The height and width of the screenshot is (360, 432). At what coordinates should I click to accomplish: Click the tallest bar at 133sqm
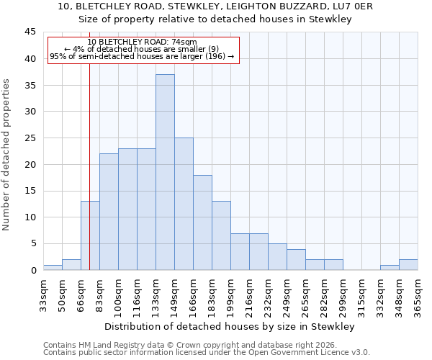(x=165, y=172)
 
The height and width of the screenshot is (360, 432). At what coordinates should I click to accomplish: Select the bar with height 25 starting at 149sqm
(x=184, y=204)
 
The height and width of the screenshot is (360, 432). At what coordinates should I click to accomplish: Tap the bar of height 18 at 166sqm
(x=202, y=222)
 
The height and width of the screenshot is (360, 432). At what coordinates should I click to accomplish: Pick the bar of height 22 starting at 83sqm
(x=109, y=212)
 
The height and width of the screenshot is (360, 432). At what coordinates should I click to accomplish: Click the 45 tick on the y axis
(x=30, y=32)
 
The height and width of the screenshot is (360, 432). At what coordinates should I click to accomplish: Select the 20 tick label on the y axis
(x=30, y=164)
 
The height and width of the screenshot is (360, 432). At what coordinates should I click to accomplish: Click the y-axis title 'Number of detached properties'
(x=7, y=154)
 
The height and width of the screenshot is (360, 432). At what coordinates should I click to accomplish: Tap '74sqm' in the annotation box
(x=183, y=42)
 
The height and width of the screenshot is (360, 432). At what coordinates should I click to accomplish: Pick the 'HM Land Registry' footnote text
(x=108, y=345)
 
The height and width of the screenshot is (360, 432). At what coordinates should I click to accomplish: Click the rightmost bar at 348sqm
(x=408, y=264)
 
